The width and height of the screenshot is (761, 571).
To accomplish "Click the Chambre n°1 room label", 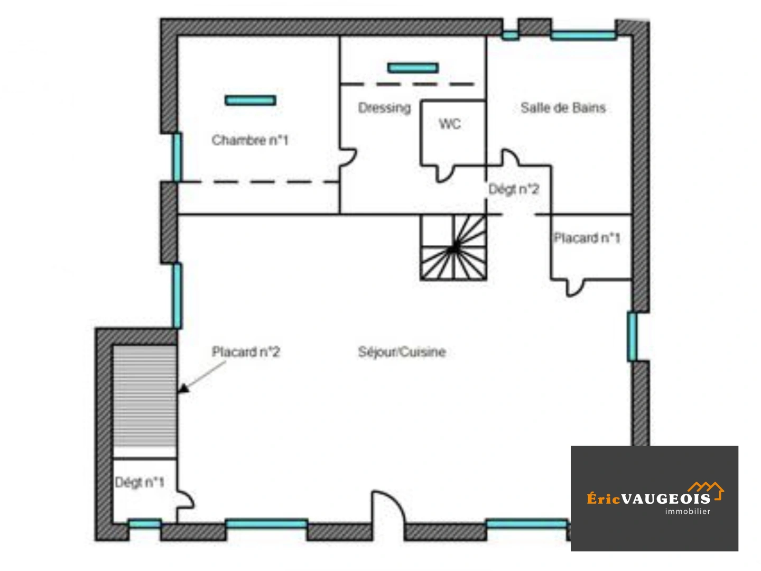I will tap(250, 140).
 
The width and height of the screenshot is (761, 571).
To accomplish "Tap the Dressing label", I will tap(384, 108).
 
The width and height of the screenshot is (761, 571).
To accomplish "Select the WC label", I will tap(450, 124).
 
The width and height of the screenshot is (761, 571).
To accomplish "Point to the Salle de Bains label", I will tap(563, 108).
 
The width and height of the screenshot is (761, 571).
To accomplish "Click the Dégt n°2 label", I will tap(514, 189).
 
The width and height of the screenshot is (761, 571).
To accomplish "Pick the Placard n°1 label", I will tap(587, 238).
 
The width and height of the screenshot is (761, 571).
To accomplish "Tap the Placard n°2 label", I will tap(246, 352).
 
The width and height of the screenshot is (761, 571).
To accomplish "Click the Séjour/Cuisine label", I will tap(402, 352).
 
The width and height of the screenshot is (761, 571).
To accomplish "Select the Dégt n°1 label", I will tap(140, 482).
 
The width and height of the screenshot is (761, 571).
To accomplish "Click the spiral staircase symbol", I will tap(453, 247).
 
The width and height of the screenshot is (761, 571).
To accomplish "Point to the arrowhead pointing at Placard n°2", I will tap(183, 389).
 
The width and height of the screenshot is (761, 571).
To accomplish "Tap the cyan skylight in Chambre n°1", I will tap(250, 100).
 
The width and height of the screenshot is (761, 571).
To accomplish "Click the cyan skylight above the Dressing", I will tap(413, 68).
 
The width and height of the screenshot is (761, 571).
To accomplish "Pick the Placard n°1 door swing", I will tap(576, 288).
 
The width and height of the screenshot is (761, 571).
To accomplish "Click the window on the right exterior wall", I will tap(632, 337).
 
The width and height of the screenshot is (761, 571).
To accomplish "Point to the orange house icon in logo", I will tap(706, 488).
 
